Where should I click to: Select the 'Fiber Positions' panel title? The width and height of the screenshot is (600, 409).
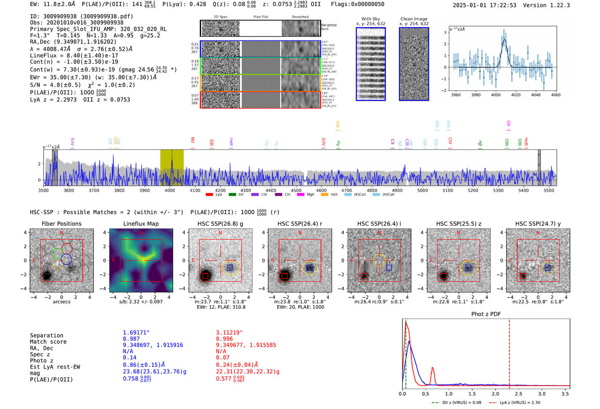(x=61, y=224)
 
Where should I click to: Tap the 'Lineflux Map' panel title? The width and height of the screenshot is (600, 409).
(x=141, y=224)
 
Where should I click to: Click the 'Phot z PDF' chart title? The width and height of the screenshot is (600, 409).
(x=486, y=314)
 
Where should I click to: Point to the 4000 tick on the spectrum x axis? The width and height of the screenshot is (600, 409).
(x=170, y=191)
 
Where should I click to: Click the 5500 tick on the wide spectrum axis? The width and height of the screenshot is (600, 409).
(x=549, y=191)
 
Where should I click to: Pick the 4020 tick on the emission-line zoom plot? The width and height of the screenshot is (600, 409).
(x=516, y=95)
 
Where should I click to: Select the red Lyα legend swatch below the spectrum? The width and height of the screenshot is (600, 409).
(x=209, y=195)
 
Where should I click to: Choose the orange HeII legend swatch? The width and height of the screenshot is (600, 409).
(x=324, y=195)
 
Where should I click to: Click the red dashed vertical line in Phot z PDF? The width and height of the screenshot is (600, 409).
(x=510, y=352)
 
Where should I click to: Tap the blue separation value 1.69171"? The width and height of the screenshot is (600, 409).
(x=136, y=333)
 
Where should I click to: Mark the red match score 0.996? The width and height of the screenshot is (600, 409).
(x=225, y=339)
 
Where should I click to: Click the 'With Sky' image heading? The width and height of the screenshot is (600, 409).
(x=371, y=19)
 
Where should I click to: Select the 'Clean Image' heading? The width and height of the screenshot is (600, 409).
(x=414, y=19)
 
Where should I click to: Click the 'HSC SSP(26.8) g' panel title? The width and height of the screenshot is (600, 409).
(x=220, y=224)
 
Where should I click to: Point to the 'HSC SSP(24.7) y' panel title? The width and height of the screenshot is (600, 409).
(x=538, y=224)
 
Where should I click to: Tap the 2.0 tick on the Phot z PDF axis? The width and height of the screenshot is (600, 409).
(x=495, y=394)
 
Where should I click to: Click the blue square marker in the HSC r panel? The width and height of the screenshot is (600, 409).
(x=309, y=268)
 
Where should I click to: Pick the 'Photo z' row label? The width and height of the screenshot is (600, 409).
(x=42, y=361)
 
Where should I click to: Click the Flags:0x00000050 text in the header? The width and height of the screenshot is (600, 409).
(x=357, y=4)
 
